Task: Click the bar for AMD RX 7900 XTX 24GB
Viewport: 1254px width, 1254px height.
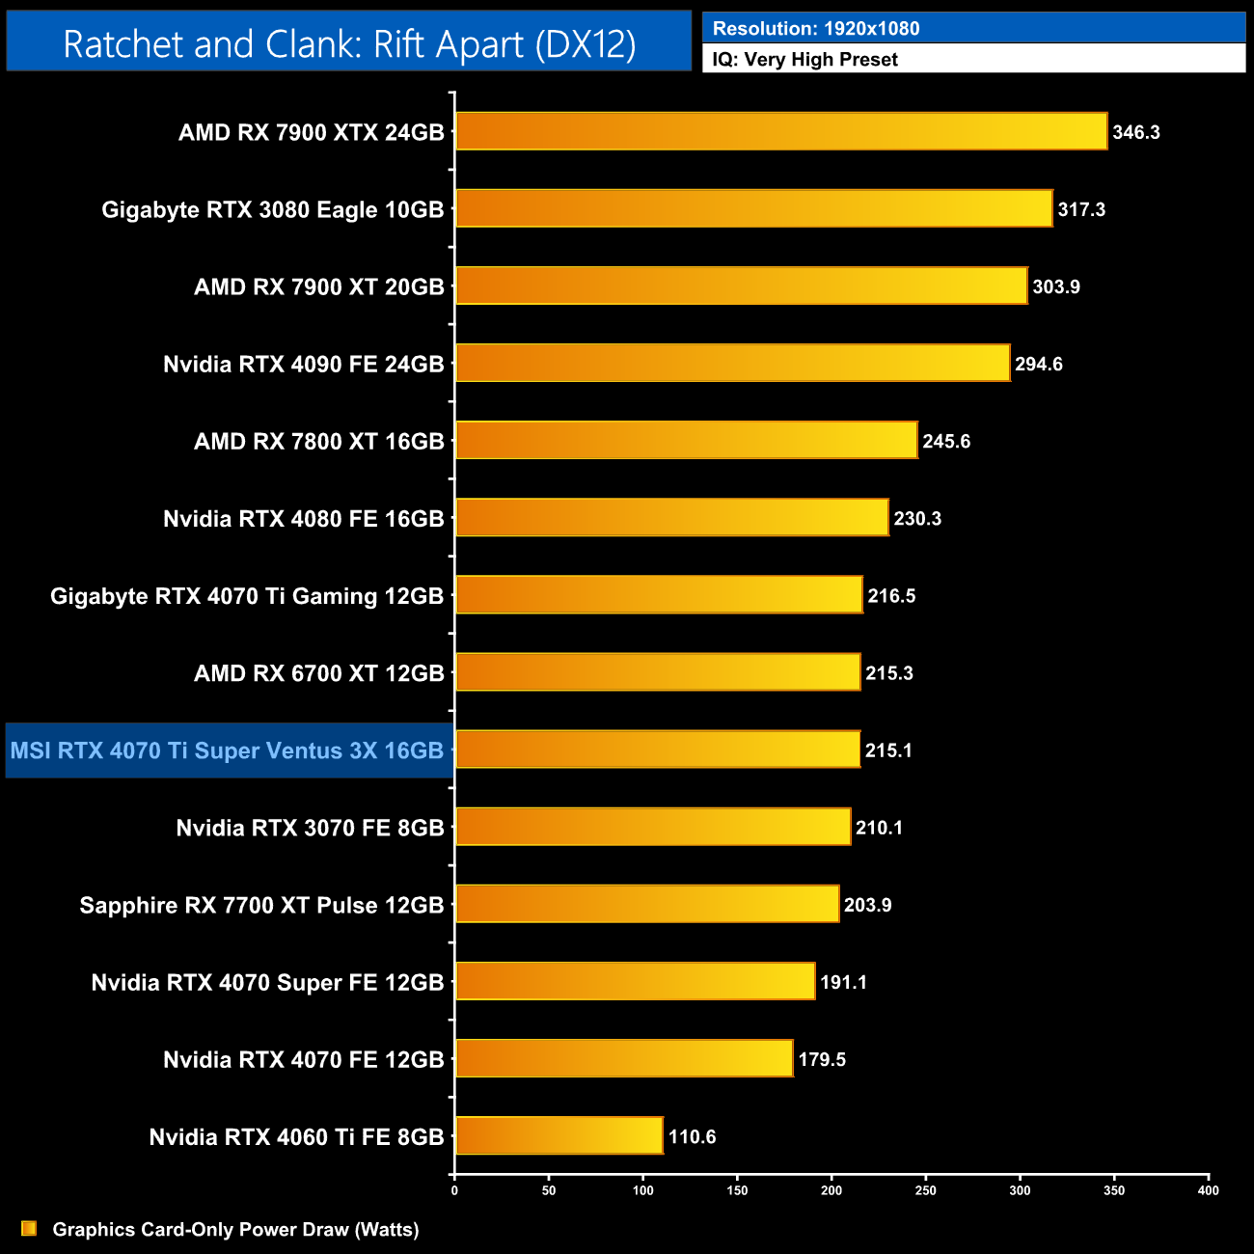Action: pos(781,131)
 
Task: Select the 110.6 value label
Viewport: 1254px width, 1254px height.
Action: pos(692,1136)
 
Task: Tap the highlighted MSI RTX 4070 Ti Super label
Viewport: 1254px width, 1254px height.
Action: pos(228,750)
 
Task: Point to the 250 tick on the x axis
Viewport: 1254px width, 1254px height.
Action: pos(925,1190)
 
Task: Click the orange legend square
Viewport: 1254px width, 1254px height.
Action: pos(29,1228)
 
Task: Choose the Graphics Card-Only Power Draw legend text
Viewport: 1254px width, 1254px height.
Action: pos(235,1229)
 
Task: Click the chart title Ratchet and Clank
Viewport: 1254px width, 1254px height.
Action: pos(349,43)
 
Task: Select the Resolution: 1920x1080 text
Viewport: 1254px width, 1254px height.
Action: pos(815,28)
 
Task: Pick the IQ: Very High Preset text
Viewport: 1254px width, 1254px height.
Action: pos(804,59)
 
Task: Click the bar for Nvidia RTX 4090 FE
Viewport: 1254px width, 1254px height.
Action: pos(733,363)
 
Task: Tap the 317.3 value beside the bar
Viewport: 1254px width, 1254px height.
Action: pos(1081,209)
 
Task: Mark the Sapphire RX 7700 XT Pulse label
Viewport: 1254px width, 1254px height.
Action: pos(261,905)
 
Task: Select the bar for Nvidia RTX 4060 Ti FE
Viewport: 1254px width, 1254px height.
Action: pos(559,1135)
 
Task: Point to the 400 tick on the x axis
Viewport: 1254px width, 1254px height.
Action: pos(1208,1190)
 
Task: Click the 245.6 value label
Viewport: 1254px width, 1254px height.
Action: pos(945,441)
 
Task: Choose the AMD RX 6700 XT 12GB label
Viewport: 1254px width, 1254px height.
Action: pos(318,673)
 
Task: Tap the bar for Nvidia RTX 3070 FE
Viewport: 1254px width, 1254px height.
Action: pos(653,827)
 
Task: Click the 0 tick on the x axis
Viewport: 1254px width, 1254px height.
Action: pos(454,1190)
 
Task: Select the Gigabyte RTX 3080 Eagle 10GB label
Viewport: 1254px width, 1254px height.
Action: pos(272,209)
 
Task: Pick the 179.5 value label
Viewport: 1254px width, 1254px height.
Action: pos(821,1059)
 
